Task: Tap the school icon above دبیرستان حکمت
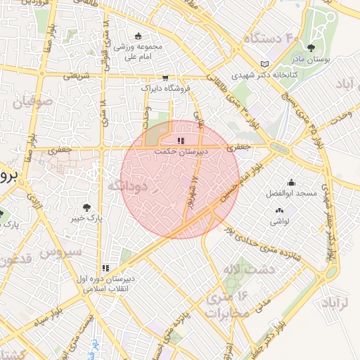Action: point(173,141)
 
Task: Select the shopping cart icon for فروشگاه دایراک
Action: point(165,78)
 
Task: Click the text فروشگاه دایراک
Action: point(165,89)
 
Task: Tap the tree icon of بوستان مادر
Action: point(311,48)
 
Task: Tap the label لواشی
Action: point(279,221)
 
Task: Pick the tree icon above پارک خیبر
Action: point(86,207)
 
